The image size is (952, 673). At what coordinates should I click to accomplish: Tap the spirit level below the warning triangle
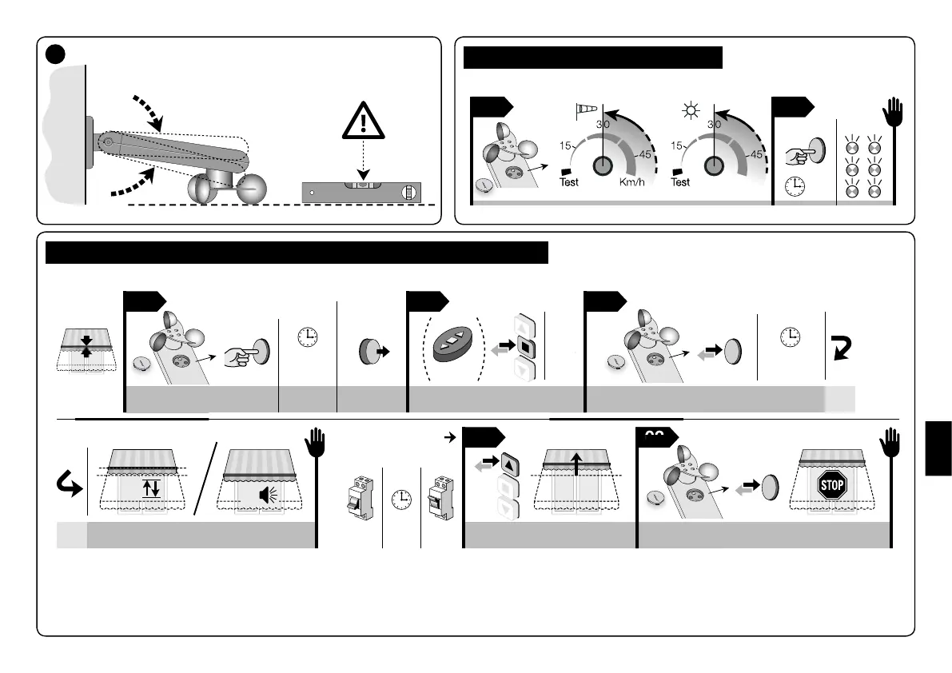point(362,192)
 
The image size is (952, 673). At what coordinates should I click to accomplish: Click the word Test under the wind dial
point(569,182)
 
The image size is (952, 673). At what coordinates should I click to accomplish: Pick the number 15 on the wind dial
point(565,146)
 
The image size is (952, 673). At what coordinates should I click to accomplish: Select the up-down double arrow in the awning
point(151,488)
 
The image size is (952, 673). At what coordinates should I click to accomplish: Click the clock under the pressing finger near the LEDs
point(794,186)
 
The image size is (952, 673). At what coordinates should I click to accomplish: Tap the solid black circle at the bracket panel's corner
point(55,53)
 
